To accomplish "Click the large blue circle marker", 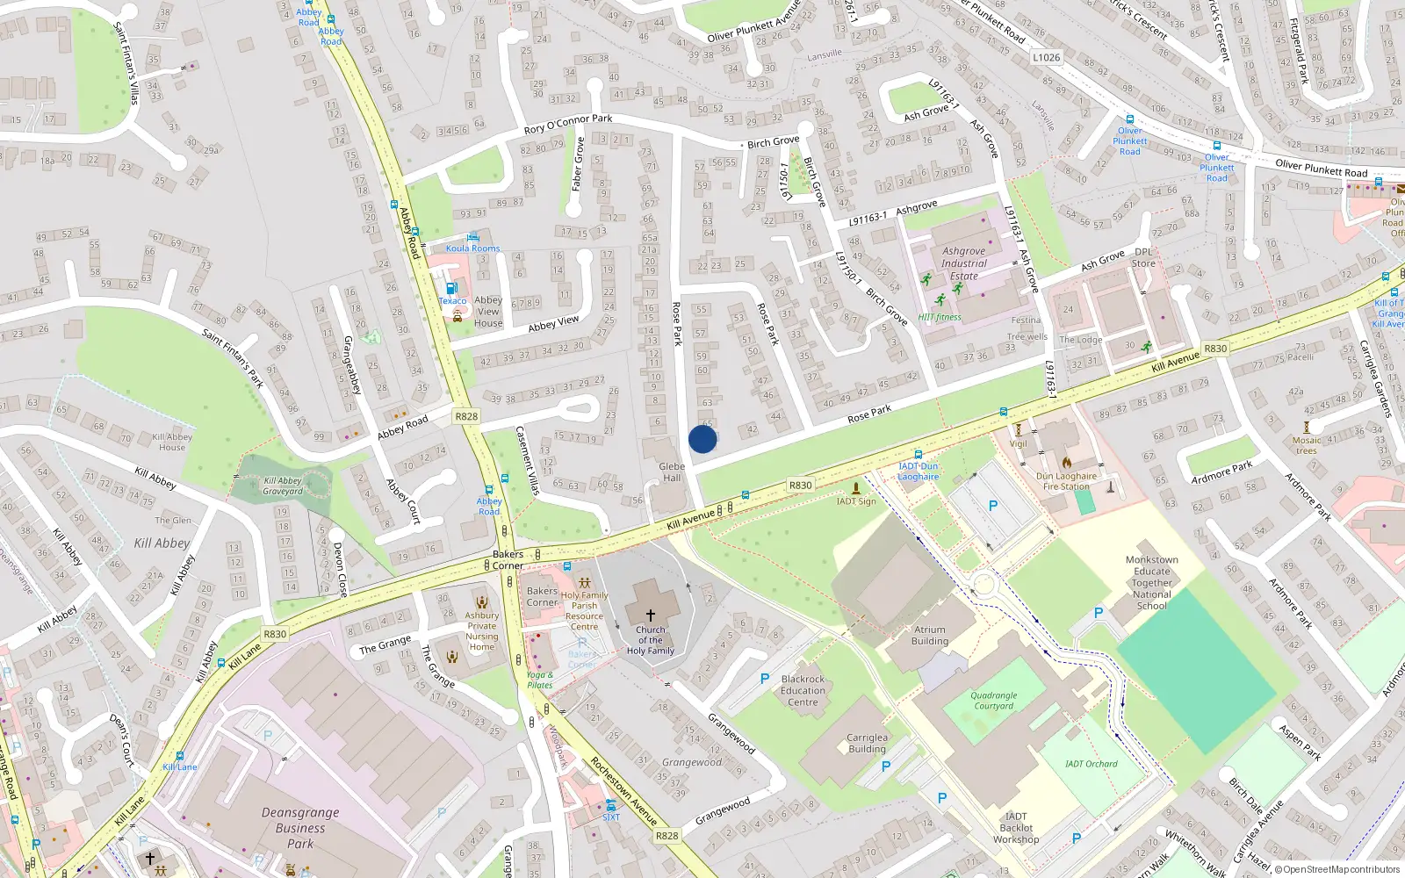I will pos(702,439).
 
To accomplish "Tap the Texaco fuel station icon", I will pos(451,288).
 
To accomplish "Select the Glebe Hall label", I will pos(672,472).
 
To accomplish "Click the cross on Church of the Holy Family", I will pos(651,615).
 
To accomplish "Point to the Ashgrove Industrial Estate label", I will pos(963,263).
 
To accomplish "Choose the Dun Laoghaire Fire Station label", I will pos(1066,481).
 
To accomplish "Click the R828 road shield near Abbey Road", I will pos(466,416).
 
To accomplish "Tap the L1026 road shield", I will pos(1046,57).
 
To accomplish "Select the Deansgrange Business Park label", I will pos(300,828).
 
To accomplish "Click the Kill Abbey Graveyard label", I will pos(283,486).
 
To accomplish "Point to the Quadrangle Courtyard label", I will pos(994,701).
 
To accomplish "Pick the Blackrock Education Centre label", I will pos(803,690).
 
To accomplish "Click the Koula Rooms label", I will pos(472,248).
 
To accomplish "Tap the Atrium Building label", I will pos(930,635).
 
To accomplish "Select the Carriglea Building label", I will pos(867,743).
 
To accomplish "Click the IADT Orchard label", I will pos(1092,764).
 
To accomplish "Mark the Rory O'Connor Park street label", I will pos(568,124).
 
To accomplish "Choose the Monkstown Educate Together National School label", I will pos(1151,583).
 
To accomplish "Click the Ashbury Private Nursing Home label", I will pos(481,631).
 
